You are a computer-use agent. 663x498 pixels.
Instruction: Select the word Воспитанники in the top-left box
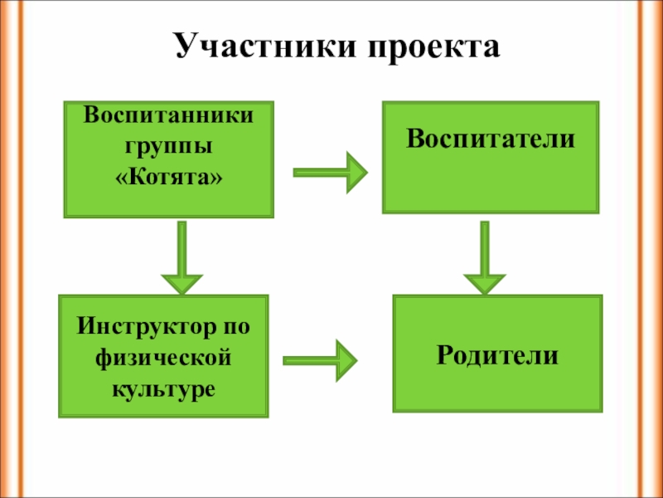pyautogui.click(x=168, y=115)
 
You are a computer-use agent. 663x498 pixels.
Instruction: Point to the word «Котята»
pyautogui.click(x=168, y=178)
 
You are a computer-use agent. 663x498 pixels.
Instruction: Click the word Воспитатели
pyautogui.click(x=491, y=139)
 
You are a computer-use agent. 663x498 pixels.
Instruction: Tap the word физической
pyautogui.click(x=163, y=359)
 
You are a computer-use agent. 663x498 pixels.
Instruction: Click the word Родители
pyautogui.click(x=497, y=355)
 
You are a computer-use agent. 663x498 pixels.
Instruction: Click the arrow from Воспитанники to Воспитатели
pyautogui.click(x=330, y=173)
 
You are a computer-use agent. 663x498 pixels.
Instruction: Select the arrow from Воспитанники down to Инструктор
pyautogui.click(x=182, y=257)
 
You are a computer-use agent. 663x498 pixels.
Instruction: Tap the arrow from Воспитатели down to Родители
pyautogui.click(x=485, y=257)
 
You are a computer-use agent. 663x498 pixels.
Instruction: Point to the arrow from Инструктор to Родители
pyautogui.click(x=320, y=360)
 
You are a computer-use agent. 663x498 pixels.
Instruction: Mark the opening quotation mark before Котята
pyautogui.click(x=122, y=178)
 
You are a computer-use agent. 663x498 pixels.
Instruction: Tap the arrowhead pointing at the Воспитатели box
pyautogui.click(x=356, y=173)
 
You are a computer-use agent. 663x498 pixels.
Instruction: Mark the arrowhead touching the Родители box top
pyautogui.click(x=485, y=284)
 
